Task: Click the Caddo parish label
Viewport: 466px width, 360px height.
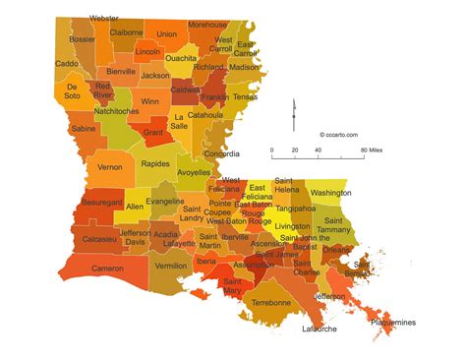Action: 67,64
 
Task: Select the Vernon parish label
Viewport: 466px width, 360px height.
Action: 110,167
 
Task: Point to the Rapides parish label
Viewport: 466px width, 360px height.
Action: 155,163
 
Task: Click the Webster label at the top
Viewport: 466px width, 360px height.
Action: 104,18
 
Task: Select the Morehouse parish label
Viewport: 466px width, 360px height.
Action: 206,24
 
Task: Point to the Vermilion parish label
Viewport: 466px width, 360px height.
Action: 171,266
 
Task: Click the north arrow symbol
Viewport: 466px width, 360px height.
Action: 292,111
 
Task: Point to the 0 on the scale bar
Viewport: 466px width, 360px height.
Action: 273,150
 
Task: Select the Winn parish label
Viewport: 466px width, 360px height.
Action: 149,100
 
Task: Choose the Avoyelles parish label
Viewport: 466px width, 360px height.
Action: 194,173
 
